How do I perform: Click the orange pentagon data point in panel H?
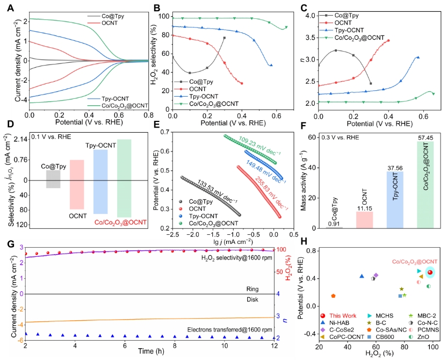pos(333,296)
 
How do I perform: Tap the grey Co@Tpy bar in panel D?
pos(53,179)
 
